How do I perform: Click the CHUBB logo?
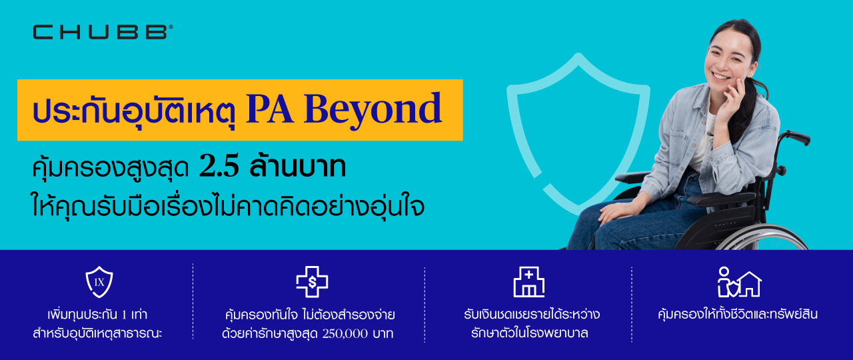[103, 32]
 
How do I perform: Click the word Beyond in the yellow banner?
[373, 110]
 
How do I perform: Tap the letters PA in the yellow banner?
[270, 109]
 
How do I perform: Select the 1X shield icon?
[99, 282]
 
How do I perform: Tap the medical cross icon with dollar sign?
[312, 281]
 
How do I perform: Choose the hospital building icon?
[529, 282]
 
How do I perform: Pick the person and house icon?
[739, 282]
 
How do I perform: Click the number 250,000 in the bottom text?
[345, 334]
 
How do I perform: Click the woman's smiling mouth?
[720, 76]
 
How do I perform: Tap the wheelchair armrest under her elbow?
[720, 199]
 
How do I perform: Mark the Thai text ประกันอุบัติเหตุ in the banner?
[134, 111]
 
